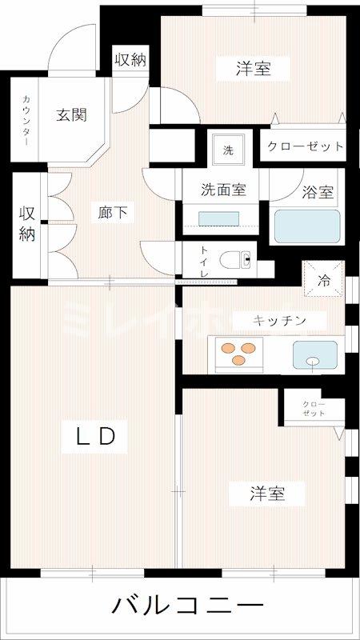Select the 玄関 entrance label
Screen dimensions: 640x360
71,114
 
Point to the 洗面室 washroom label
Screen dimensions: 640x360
222,190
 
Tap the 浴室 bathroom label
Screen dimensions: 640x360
318,193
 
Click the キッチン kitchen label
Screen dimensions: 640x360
279,320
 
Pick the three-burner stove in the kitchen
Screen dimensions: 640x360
235,353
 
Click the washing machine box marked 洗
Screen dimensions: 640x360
228,150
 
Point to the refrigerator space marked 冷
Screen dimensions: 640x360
325,281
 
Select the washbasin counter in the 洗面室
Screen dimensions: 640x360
219,219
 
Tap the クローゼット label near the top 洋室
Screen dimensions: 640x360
306,146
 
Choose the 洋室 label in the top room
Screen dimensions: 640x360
253,69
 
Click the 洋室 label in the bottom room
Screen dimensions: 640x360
266,493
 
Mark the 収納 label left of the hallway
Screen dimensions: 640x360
27,223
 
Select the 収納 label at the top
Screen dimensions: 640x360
130,58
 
